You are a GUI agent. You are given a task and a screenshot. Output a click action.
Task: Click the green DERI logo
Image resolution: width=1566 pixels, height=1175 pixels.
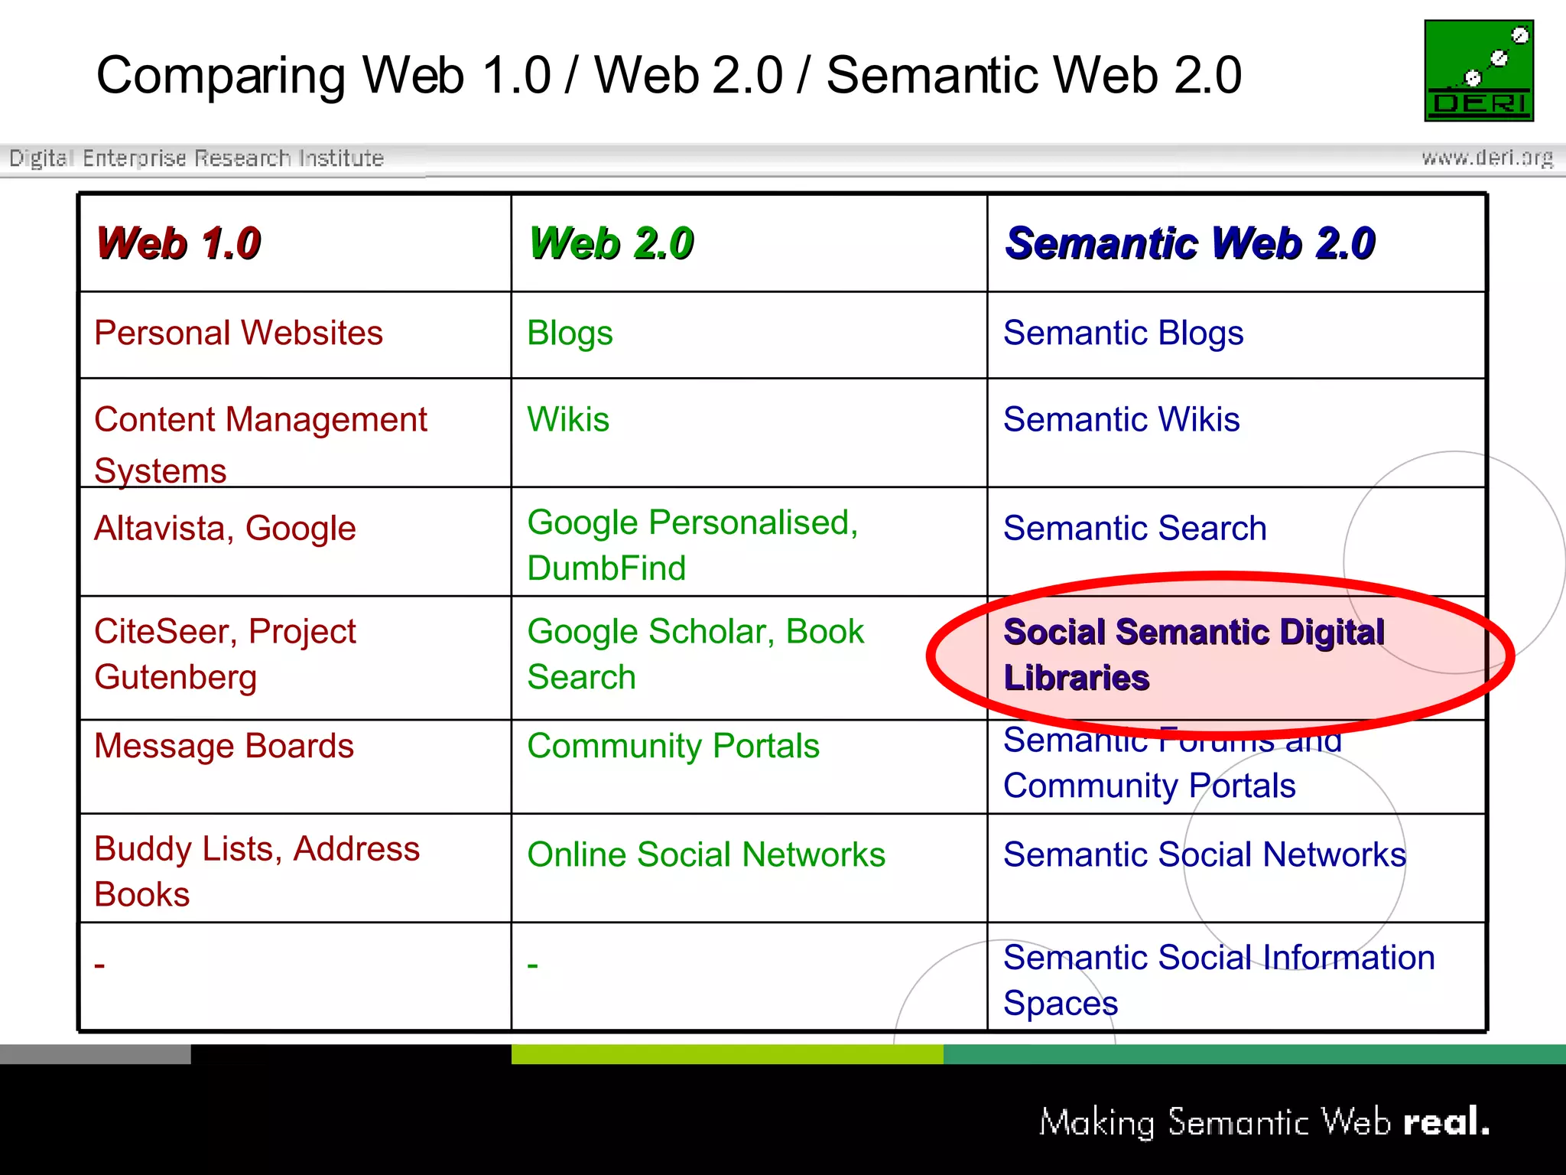pyautogui.click(x=1478, y=70)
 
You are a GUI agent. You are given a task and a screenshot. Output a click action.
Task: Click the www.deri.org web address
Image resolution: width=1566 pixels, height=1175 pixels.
pyautogui.click(x=1486, y=158)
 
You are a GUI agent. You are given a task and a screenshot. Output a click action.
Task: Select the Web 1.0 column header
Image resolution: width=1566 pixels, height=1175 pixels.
pyautogui.click(x=178, y=243)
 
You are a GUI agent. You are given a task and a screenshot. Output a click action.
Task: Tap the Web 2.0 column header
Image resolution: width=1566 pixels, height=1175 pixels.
pyautogui.click(x=611, y=243)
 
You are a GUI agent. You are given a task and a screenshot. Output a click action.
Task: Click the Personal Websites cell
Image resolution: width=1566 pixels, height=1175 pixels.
pyautogui.click(x=238, y=334)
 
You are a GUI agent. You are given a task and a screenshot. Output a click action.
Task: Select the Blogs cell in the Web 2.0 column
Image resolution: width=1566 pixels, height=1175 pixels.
pyautogui.click(x=570, y=334)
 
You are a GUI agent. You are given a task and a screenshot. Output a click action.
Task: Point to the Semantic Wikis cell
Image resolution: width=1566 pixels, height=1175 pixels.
pyautogui.click(x=1121, y=420)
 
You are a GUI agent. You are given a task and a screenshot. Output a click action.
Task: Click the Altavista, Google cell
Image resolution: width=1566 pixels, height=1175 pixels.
pyautogui.click(x=225, y=529)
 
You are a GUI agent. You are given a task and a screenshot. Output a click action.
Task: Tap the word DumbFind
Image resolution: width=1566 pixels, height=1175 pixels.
pyautogui.click(x=606, y=568)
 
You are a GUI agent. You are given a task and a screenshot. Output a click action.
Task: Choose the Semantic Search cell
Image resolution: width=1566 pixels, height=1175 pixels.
pyautogui.click(x=1135, y=529)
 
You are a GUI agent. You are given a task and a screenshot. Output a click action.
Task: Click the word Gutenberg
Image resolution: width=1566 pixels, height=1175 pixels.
pyautogui.click(x=175, y=678)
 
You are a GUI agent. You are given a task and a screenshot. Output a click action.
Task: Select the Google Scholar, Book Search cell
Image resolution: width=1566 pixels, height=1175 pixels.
pyautogui.click(x=694, y=654)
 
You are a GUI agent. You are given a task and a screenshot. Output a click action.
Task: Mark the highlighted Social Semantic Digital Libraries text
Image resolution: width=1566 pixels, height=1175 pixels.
pyautogui.click(x=1193, y=655)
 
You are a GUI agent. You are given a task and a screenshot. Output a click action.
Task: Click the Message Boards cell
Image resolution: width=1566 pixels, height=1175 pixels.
pyautogui.click(x=223, y=746)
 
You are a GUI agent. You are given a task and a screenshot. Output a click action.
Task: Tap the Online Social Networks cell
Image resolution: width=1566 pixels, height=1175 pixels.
pyautogui.click(x=706, y=854)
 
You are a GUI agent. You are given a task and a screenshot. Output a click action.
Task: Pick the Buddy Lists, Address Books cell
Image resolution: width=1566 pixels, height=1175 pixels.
pyautogui.click(x=256, y=871)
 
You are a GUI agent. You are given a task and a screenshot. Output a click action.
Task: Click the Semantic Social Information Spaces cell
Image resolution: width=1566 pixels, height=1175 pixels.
pyautogui.click(x=1218, y=980)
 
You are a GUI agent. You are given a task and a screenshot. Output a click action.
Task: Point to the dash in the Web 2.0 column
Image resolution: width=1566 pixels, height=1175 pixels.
pyautogui.click(x=533, y=966)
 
